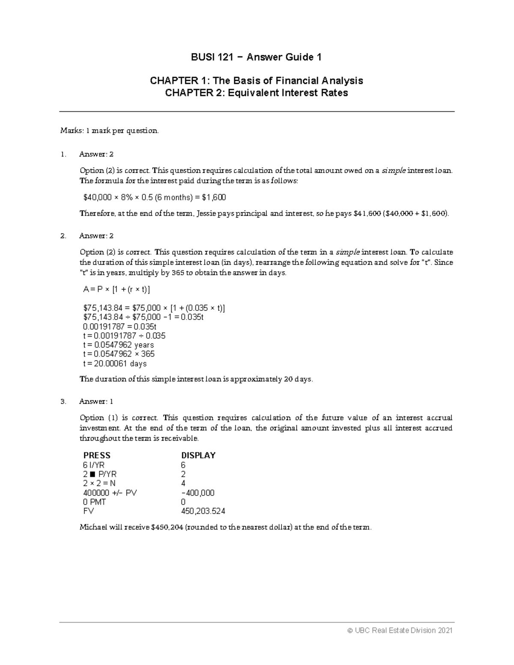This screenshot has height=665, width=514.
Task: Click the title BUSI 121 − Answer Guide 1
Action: point(256,57)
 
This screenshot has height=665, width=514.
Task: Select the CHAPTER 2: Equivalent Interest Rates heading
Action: point(256,92)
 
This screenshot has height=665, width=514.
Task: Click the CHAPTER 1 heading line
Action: point(256,81)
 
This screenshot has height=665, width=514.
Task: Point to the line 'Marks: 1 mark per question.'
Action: point(109,131)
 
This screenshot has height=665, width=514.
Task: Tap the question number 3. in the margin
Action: point(63,402)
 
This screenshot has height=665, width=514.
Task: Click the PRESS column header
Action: point(97,455)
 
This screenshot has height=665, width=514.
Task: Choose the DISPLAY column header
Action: point(198,455)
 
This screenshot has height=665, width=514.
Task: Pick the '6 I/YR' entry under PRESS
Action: point(94,465)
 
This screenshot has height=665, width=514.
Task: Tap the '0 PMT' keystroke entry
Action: point(95,502)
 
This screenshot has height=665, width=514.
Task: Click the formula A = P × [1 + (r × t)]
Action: point(117,289)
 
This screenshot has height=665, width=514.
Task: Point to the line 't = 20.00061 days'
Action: point(115,364)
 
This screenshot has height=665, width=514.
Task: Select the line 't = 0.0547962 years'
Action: point(118,345)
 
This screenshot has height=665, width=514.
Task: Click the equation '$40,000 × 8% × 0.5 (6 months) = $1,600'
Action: point(154,197)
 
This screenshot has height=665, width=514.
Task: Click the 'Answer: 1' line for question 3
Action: point(96,402)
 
